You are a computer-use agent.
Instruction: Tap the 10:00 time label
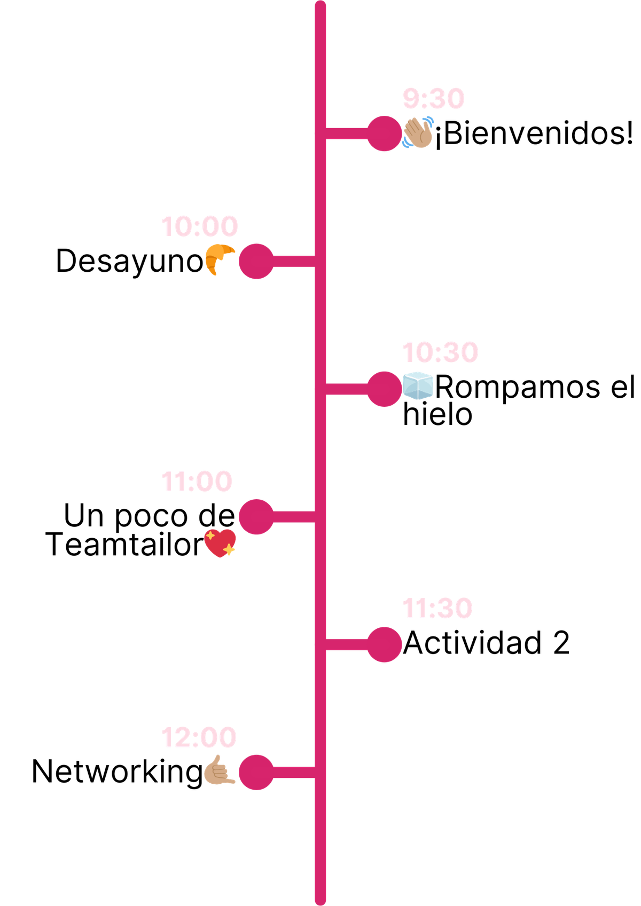199,226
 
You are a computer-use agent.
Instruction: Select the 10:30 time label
440,352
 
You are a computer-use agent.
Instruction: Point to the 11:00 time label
197,481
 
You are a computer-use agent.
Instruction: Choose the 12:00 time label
199,737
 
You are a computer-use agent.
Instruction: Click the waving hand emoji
418,133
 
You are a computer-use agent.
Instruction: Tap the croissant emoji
219,259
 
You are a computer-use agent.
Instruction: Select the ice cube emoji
418,385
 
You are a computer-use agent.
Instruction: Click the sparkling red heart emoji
220,543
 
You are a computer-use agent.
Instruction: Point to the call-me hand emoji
219,770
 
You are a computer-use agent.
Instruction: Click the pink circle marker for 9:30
384,133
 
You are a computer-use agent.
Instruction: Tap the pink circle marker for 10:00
256,261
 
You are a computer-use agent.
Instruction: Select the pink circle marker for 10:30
384,389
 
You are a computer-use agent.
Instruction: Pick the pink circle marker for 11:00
256,516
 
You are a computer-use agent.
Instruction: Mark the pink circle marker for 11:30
385,644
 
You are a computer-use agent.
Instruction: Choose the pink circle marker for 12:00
256,772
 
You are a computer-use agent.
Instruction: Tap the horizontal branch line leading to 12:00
294,772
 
